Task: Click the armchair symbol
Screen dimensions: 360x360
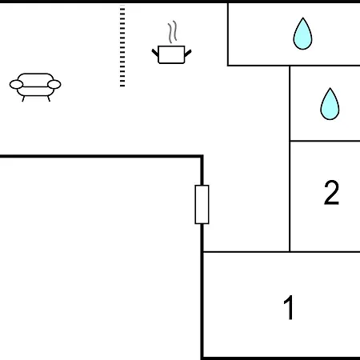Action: point(35,87)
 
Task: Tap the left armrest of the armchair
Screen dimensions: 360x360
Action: point(16,85)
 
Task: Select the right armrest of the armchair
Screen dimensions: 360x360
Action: point(54,84)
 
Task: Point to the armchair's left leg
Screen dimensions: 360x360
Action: point(23,99)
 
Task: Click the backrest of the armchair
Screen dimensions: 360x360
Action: point(35,77)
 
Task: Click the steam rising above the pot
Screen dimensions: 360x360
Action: point(173,32)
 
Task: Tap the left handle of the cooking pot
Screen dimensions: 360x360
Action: point(155,53)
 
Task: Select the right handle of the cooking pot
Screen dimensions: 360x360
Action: point(188,53)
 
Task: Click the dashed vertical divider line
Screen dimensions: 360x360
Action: point(122,46)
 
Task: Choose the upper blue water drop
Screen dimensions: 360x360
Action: point(302,34)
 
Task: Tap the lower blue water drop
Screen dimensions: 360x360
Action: point(330,104)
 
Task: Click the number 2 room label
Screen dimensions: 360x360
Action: point(331,193)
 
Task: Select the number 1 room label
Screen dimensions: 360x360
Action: point(289,307)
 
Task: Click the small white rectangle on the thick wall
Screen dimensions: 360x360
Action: point(202,205)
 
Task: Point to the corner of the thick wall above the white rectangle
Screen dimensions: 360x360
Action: point(202,156)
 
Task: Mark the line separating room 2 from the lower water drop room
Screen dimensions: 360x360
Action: point(325,141)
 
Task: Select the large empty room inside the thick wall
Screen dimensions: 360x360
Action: point(100,258)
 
